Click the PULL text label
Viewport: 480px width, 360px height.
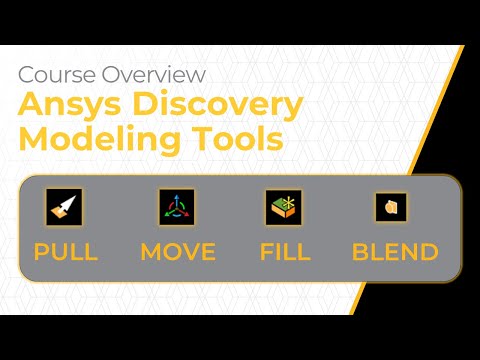coord(66,251)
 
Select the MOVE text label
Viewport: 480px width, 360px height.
coord(178,251)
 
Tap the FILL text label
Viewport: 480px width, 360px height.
coord(284,251)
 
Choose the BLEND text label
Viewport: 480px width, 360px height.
coord(395,251)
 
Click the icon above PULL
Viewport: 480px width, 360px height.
coord(65,207)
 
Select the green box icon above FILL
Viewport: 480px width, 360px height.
coord(284,207)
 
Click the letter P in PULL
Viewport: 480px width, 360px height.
coord(42,251)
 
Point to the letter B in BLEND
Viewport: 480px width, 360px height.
coord(361,251)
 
